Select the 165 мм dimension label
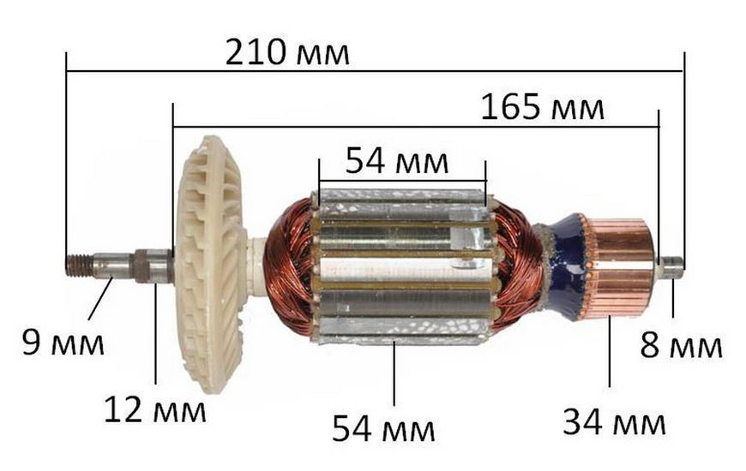543,107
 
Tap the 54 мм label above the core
396,161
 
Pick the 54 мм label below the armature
383,428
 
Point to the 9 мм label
63,343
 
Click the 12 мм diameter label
155,410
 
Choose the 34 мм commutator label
614,422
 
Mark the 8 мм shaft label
682,345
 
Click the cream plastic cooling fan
211,264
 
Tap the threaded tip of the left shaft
79,265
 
